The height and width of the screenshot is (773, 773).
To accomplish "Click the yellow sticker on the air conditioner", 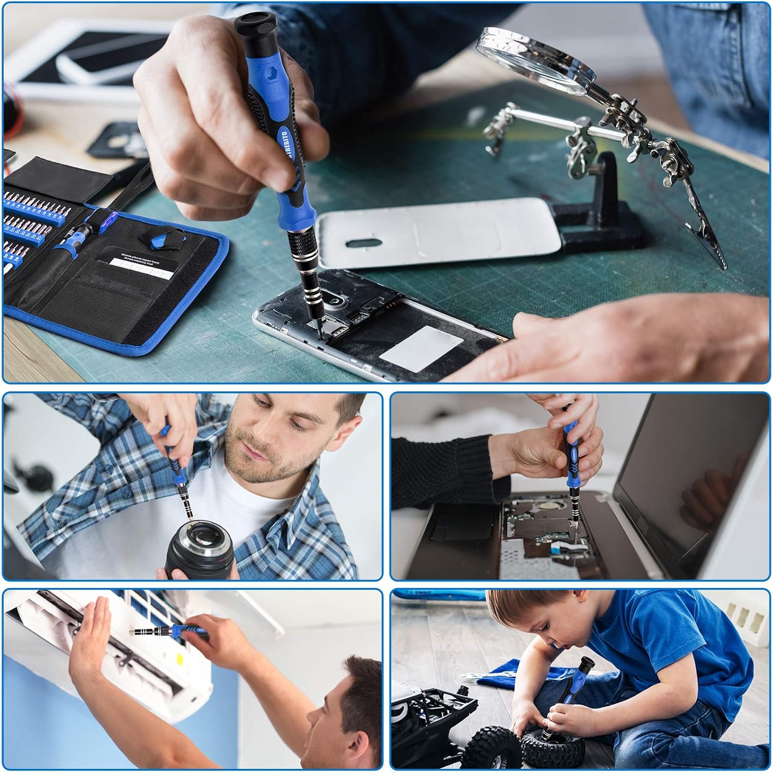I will (180, 661).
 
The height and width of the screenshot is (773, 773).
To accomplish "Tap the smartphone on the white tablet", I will (98, 64).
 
